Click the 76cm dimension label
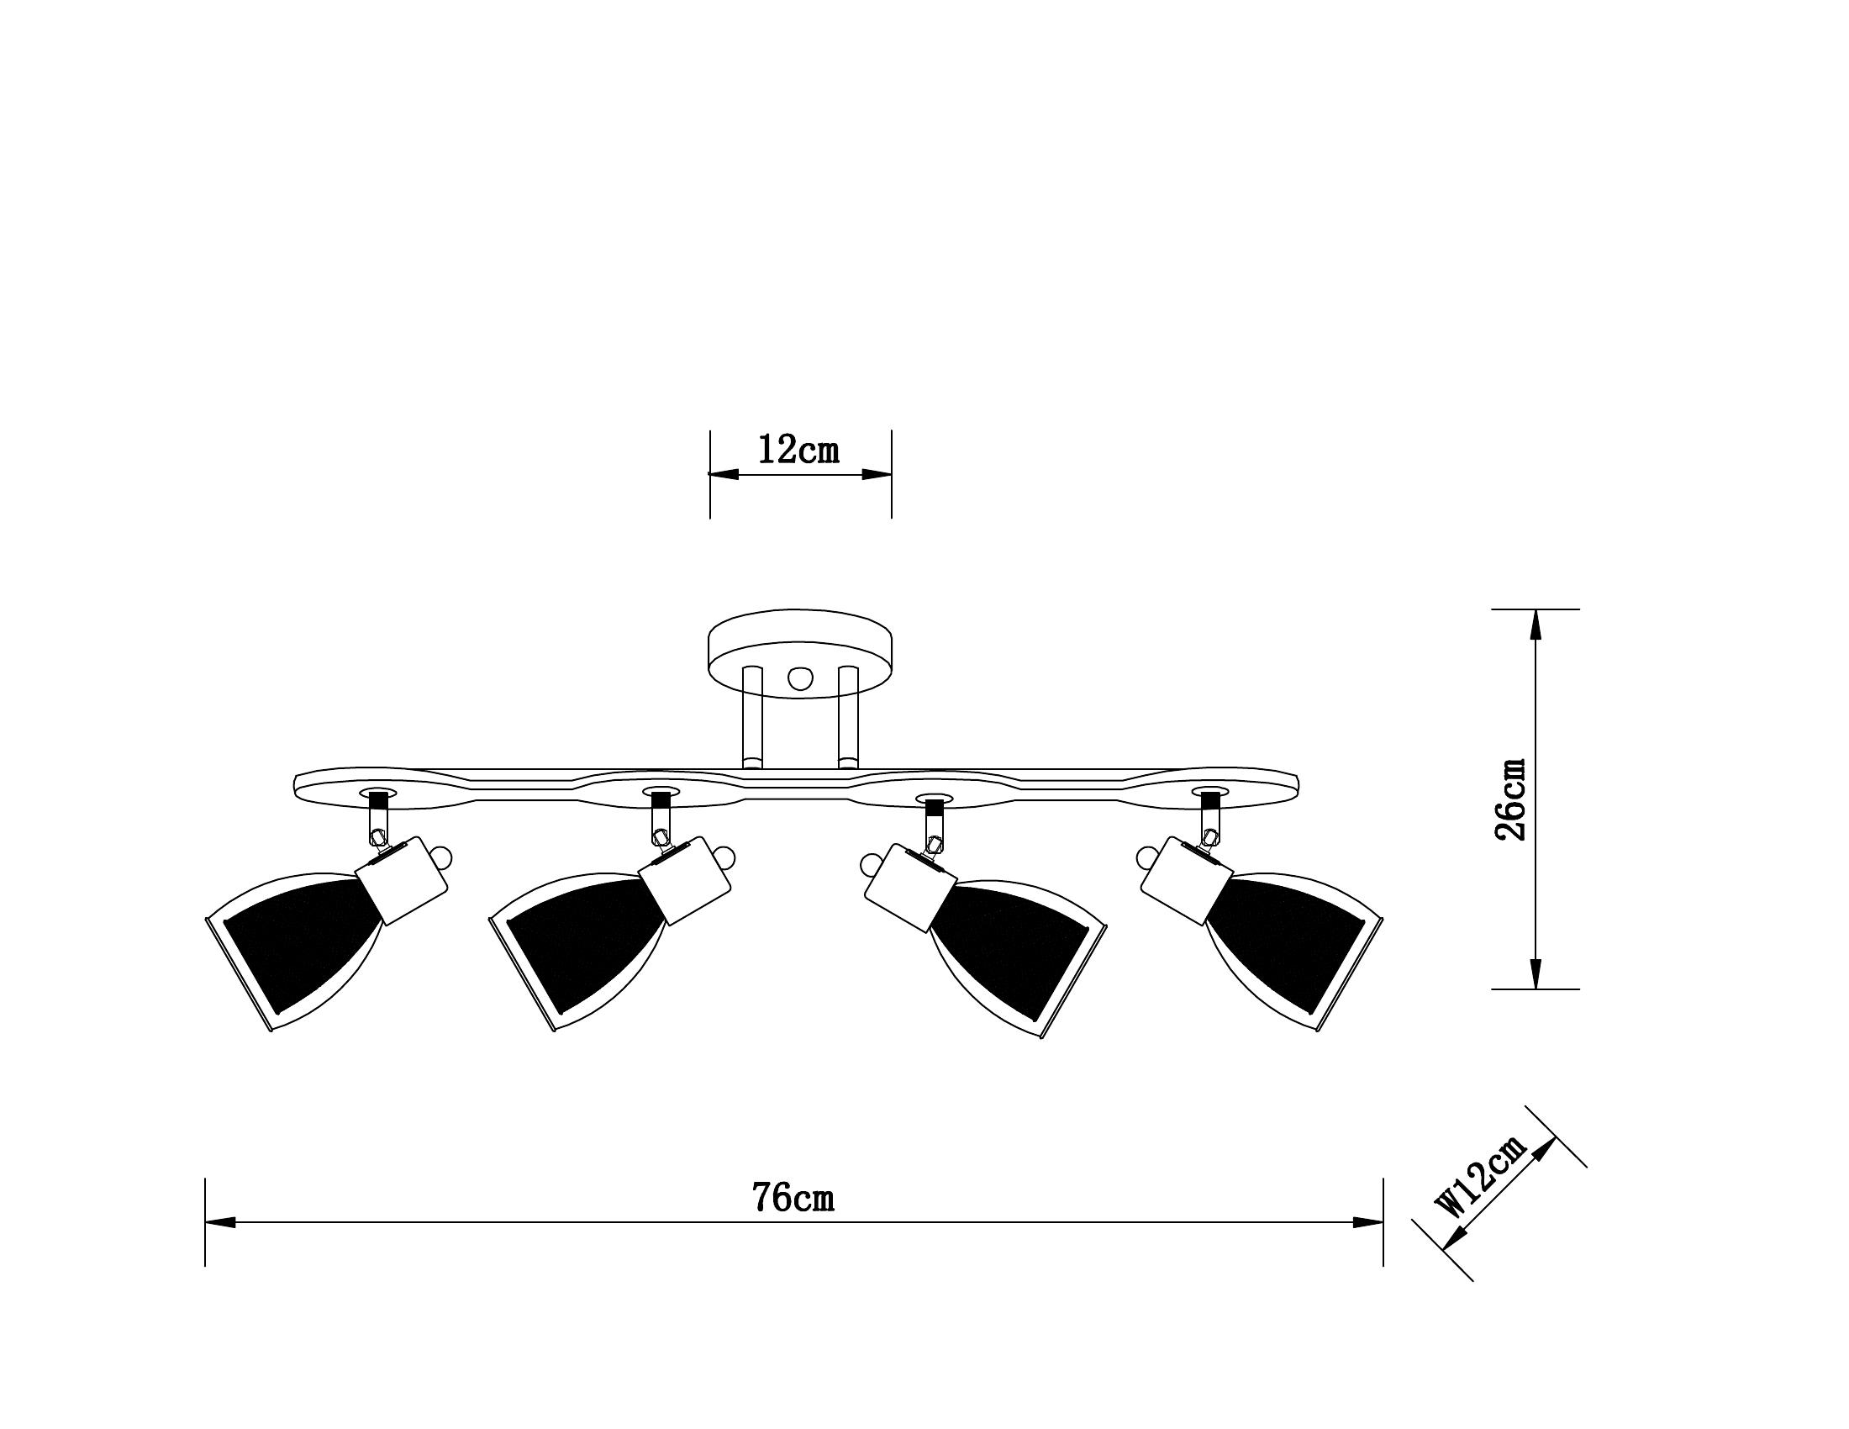pyautogui.click(x=793, y=1198)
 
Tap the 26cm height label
pyautogui.click(x=1511, y=799)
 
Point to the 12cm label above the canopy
pyautogui.click(x=798, y=450)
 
